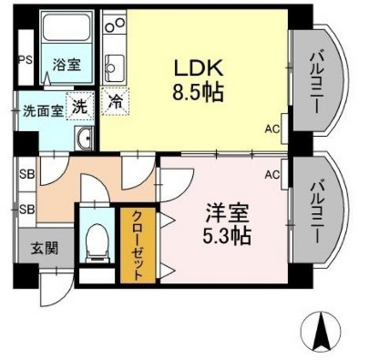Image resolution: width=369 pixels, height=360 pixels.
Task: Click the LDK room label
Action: pyautogui.click(x=196, y=67)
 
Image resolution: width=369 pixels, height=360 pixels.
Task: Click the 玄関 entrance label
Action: pyautogui.click(x=42, y=249)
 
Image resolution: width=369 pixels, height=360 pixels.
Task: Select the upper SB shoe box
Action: pyautogui.click(x=26, y=175)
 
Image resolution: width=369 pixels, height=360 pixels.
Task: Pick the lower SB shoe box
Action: pyautogui.click(x=26, y=210)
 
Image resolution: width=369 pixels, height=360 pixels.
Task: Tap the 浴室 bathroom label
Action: pyautogui.click(x=67, y=65)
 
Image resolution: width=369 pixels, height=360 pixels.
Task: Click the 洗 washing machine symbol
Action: pyautogui.click(x=80, y=106)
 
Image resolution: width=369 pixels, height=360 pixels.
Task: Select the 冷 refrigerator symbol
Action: pyautogui.click(x=115, y=102)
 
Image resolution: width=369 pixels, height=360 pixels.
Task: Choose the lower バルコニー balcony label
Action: pyautogui.click(x=322, y=209)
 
